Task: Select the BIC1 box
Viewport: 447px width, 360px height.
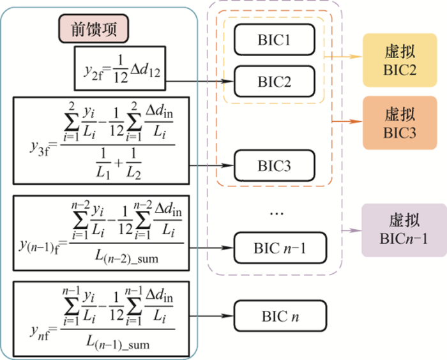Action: [275, 40]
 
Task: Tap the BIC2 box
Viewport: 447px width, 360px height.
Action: [275, 82]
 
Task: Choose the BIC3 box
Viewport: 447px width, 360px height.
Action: [275, 166]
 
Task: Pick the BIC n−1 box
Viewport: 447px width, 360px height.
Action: [279, 248]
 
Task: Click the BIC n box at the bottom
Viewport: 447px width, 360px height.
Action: [280, 316]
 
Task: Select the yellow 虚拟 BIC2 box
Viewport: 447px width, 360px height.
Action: [400, 61]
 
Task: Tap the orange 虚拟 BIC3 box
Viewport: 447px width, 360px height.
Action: [400, 124]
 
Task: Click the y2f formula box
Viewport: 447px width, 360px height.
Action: [119, 67]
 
